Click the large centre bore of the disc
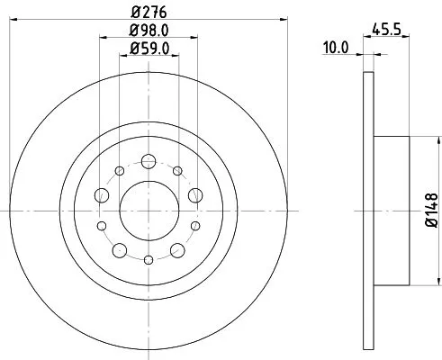(x=148, y=209)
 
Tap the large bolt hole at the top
(x=149, y=162)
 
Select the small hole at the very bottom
(x=149, y=257)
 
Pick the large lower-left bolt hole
(x=120, y=247)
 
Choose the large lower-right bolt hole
(x=177, y=247)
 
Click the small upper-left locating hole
(x=120, y=171)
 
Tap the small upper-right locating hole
(x=177, y=171)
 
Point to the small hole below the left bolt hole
(x=102, y=225)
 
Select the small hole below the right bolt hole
(x=195, y=225)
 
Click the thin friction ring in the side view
(x=366, y=108)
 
